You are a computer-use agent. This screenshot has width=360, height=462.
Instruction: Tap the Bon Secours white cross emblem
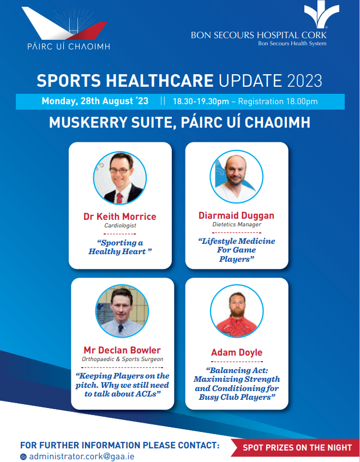[x=321, y=14]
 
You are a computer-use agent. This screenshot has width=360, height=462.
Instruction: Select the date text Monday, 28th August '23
[x=95, y=101]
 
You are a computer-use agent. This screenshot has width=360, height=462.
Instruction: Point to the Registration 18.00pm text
[x=278, y=101]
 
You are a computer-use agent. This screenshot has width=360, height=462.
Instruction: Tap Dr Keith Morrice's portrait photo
[x=120, y=178]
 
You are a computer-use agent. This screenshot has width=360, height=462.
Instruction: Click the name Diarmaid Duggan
[x=236, y=215]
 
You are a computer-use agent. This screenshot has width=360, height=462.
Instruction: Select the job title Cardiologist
[x=120, y=225]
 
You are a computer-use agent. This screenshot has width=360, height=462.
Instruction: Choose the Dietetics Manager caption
[x=237, y=224]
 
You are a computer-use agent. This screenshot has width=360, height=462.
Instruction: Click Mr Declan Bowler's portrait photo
[x=122, y=311]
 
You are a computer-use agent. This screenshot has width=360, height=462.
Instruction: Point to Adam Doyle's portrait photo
[x=237, y=311]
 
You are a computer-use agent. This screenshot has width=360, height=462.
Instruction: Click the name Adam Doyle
[x=237, y=352]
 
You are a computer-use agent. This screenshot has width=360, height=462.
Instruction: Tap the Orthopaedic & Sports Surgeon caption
[x=123, y=359]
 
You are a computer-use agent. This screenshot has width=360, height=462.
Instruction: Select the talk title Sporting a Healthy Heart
[x=120, y=247]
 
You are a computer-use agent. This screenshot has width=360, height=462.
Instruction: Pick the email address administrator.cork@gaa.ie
[x=82, y=457]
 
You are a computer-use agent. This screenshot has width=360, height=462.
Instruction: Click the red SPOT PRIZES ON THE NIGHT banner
[x=296, y=448]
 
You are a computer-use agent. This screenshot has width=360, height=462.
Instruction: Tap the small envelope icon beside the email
[x=23, y=457]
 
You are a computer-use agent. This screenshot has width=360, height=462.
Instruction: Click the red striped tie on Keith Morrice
[x=119, y=198]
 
